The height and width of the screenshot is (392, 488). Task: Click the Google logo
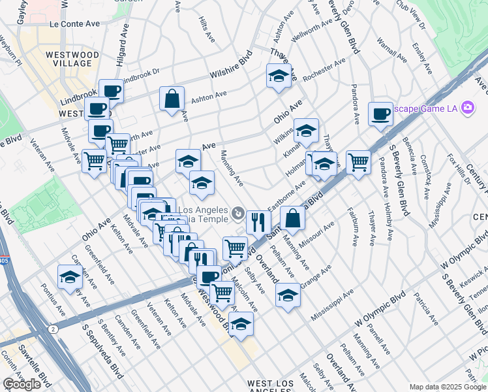(22, 384)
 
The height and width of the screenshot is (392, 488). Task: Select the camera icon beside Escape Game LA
(467, 107)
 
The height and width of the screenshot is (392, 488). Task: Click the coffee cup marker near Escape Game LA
(380, 114)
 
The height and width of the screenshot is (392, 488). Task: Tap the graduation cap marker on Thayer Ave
(279, 76)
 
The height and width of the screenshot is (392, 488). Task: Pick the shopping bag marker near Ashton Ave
(172, 99)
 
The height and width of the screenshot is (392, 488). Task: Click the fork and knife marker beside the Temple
(259, 222)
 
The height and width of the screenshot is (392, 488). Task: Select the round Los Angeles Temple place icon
(239, 212)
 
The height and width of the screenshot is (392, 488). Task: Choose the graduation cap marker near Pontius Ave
(70, 277)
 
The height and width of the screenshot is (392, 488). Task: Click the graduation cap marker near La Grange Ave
(288, 295)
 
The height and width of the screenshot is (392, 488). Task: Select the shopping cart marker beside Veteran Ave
(95, 159)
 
